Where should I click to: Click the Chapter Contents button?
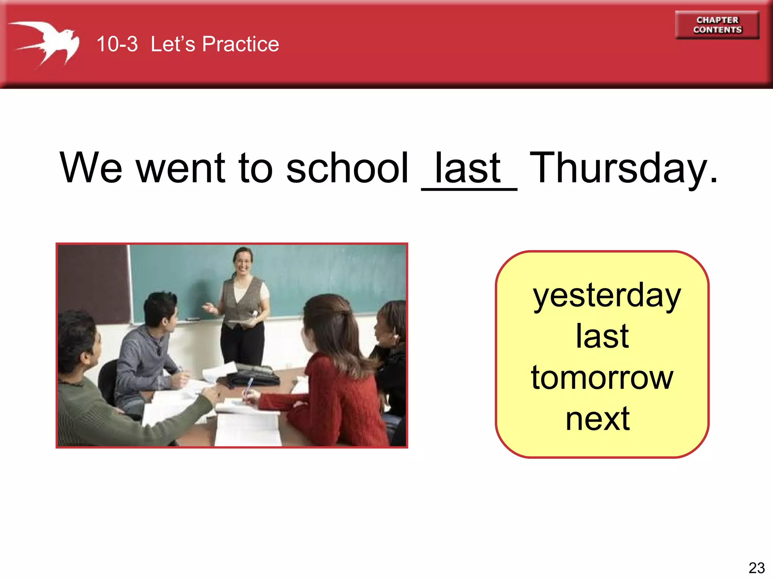tap(717, 25)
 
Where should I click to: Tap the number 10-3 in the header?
tap(117, 44)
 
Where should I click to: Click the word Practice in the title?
tap(240, 44)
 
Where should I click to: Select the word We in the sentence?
tap(91, 168)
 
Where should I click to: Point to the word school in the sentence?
tap(347, 168)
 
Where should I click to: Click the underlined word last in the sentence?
tap(468, 168)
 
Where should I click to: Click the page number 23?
tap(756, 568)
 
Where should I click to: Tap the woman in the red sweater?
tap(336, 385)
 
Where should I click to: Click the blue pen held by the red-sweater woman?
tap(249, 386)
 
